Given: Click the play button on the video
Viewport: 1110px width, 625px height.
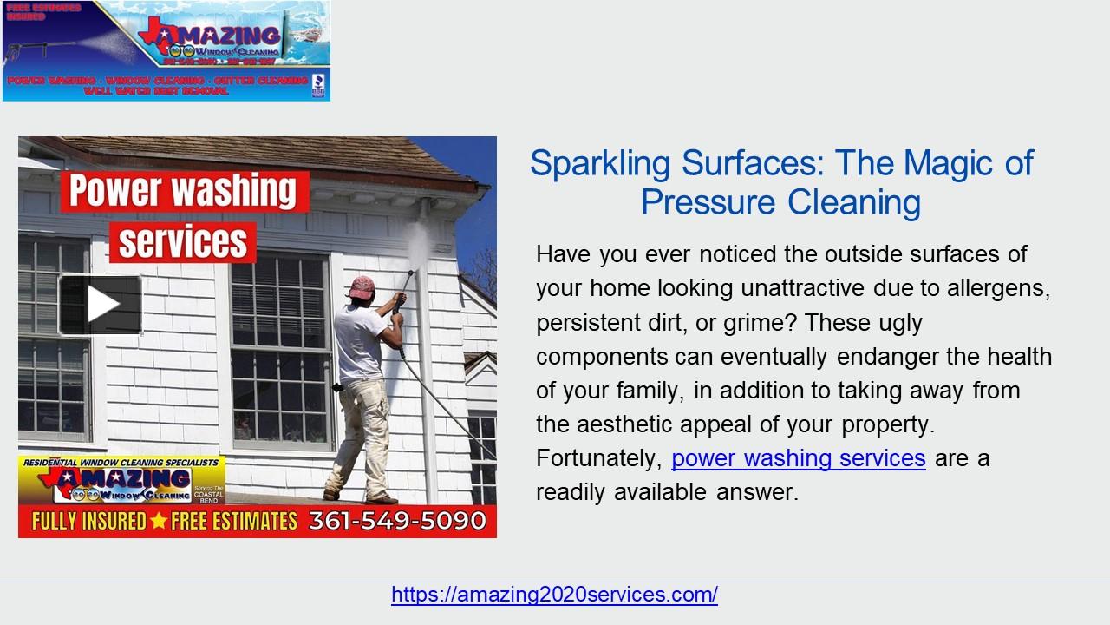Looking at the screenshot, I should pyautogui.click(x=101, y=305).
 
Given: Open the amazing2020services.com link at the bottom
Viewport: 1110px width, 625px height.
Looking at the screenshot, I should pyautogui.click(x=554, y=595).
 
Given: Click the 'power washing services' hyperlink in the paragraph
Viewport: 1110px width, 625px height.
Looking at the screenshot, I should pyautogui.click(x=798, y=457).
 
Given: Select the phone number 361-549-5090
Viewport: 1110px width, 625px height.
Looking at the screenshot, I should pyautogui.click(x=397, y=521).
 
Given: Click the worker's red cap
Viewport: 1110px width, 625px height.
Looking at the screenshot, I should pyautogui.click(x=362, y=286).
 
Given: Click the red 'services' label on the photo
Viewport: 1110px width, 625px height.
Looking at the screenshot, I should pyautogui.click(x=183, y=242).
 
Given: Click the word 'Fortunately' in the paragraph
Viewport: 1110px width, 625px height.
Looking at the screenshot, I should pyautogui.click(x=599, y=457).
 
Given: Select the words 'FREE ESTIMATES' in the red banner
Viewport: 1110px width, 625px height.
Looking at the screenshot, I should pyautogui.click(x=235, y=521).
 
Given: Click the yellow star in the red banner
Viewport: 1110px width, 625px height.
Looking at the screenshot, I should pyautogui.click(x=159, y=521).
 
